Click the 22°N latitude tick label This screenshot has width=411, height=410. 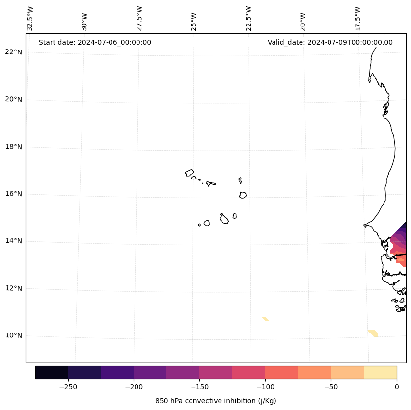[x=14, y=52]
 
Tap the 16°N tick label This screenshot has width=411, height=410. [x=14, y=194]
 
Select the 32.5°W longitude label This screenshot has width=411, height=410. [x=30, y=18]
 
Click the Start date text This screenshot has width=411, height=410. [x=95, y=42]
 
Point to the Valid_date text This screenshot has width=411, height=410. [x=330, y=42]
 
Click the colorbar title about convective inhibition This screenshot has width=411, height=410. [x=216, y=401]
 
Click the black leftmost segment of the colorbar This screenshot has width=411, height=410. [x=52, y=372]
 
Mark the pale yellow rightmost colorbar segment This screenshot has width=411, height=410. [x=380, y=372]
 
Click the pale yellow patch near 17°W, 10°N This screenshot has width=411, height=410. [x=373, y=333]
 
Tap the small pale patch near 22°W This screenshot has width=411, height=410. [x=265, y=319]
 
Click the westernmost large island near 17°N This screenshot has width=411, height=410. [x=190, y=173]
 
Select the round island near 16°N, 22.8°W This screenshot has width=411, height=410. [x=243, y=195]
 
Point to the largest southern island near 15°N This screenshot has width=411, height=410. [x=224, y=219]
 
